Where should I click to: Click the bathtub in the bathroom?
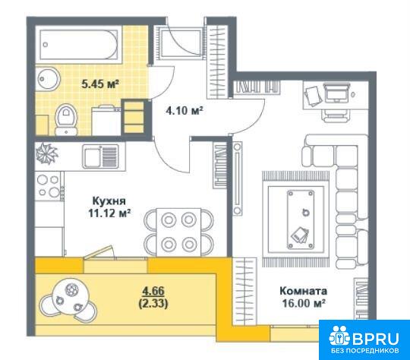[79, 45]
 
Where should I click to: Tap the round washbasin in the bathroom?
[47, 78]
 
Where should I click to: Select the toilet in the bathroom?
[66, 119]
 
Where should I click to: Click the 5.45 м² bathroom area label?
[100, 84]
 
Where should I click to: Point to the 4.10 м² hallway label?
[184, 111]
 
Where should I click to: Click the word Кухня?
[109, 201]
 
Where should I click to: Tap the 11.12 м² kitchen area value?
[109, 213]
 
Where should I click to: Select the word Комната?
[303, 291]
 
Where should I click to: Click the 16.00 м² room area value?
[304, 303]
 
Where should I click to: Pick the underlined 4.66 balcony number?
[153, 291]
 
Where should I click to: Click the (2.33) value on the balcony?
[153, 303]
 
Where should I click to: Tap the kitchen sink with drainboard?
[100, 156]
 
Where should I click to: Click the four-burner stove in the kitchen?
[49, 186]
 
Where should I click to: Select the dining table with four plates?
[179, 232]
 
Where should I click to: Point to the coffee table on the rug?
[301, 219]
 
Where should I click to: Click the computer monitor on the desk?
[337, 92]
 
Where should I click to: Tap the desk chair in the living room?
[337, 115]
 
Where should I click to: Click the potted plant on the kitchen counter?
[47, 153]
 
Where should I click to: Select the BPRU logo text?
[376, 339]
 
